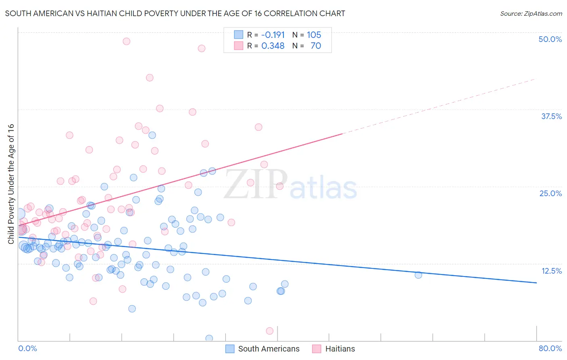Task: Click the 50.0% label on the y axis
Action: point(550,39)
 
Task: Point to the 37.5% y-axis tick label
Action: point(551,116)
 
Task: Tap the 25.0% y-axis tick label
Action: point(550,193)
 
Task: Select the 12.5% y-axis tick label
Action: point(551,271)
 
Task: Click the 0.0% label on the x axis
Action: point(27,348)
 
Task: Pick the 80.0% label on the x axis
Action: point(550,348)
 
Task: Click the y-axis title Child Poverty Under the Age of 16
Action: point(11,184)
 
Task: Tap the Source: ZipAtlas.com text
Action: point(531,13)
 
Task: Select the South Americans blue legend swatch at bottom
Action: point(229,349)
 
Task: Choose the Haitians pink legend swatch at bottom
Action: point(317,349)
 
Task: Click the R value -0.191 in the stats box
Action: point(273,35)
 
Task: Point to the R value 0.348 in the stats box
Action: point(273,46)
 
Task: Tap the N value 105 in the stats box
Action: point(314,35)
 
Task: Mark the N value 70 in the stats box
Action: point(316,46)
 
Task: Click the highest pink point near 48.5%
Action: point(126,41)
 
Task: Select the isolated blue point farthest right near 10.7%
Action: point(418,275)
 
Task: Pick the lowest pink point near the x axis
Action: point(270,331)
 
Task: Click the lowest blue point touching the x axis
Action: point(209,338)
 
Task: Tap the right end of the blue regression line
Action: point(536,283)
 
